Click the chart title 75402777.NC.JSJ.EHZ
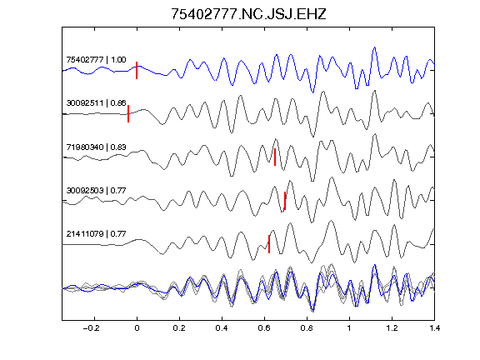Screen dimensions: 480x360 coord(248,14)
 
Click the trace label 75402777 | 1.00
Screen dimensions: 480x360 coord(96,59)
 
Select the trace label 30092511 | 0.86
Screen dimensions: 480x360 coord(96,102)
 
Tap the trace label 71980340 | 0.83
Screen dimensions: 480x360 coord(96,147)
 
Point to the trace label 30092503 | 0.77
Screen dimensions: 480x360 coord(96,190)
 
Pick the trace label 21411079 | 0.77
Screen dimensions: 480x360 coord(96,234)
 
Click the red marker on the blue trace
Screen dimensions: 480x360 coord(137,70)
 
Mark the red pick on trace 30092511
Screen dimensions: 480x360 coord(128,113)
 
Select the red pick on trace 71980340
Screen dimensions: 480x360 coord(275,157)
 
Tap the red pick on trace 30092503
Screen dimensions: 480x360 coord(285,201)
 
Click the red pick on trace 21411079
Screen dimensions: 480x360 coord(269,244)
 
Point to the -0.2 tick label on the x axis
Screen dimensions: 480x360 coord(92,328)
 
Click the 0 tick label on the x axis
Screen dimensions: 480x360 coord(137,328)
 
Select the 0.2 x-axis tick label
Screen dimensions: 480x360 coord(179,328)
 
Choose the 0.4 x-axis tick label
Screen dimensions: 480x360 coord(222,328)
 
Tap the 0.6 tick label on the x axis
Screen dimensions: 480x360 coord(264,328)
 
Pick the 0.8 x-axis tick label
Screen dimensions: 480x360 coord(307,328)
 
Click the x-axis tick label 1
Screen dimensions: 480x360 coord(349,328)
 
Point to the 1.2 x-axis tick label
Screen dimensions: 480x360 coord(392,328)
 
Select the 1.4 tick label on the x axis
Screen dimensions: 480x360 coord(434,328)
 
